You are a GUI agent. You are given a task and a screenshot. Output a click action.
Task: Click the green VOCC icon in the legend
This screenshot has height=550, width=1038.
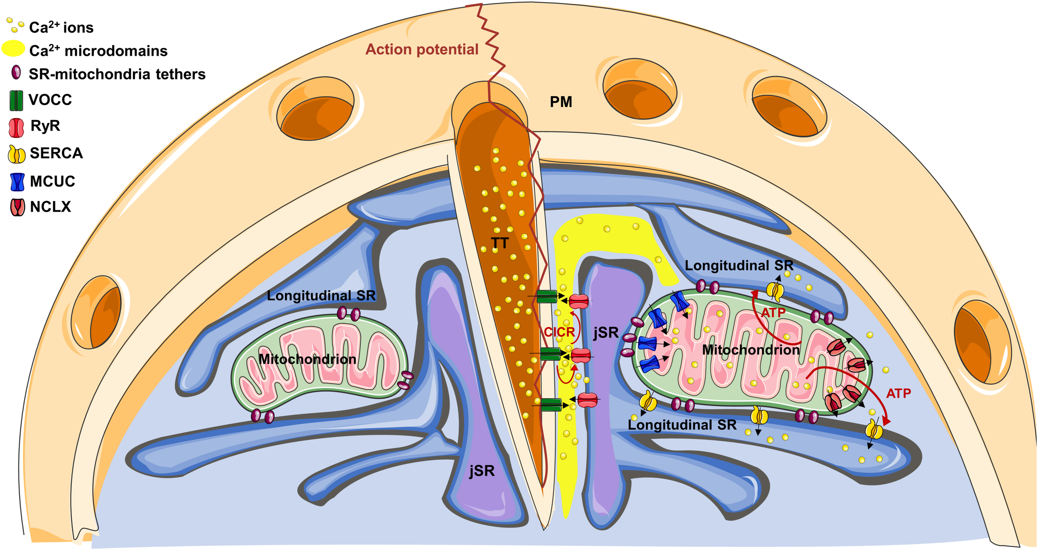(x=16, y=101)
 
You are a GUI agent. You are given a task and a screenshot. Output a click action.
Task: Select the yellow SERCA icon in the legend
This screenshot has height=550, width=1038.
(x=17, y=154)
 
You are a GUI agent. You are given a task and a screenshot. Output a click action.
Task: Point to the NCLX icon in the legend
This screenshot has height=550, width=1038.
(x=17, y=207)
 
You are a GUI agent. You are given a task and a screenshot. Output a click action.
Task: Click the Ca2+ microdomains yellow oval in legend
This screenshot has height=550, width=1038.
(x=13, y=49)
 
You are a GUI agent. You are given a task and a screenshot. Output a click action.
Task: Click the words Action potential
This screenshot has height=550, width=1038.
(x=421, y=49)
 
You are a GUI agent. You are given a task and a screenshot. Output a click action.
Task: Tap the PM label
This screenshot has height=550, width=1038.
(x=561, y=102)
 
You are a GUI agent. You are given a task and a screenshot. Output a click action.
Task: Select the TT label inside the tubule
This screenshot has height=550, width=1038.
(x=499, y=243)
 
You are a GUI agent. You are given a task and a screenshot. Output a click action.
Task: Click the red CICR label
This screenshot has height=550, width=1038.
(x=559, y=332)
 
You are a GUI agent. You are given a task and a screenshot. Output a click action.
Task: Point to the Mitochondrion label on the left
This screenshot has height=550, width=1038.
(x=307, y=359)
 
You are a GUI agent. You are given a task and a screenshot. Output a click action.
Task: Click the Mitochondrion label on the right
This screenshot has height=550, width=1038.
(x=751, y=350)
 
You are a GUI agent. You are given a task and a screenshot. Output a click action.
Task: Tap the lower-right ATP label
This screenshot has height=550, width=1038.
(x=898, y=393)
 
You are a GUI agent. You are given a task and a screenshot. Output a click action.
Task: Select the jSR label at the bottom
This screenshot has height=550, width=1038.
(x=482, y=471)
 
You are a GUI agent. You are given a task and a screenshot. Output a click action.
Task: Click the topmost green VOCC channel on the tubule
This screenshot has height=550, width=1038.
(x=547, y=297)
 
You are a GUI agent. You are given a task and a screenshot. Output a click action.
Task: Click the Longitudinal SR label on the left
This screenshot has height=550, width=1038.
(x=321, y=296)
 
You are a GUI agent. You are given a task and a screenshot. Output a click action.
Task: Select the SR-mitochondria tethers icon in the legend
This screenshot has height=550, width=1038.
(x=16, y=72)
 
